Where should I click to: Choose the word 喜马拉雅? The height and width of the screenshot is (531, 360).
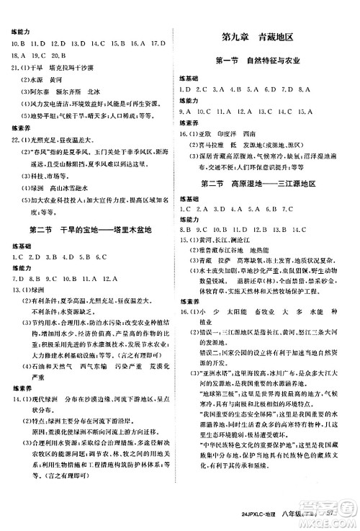point(220,145)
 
